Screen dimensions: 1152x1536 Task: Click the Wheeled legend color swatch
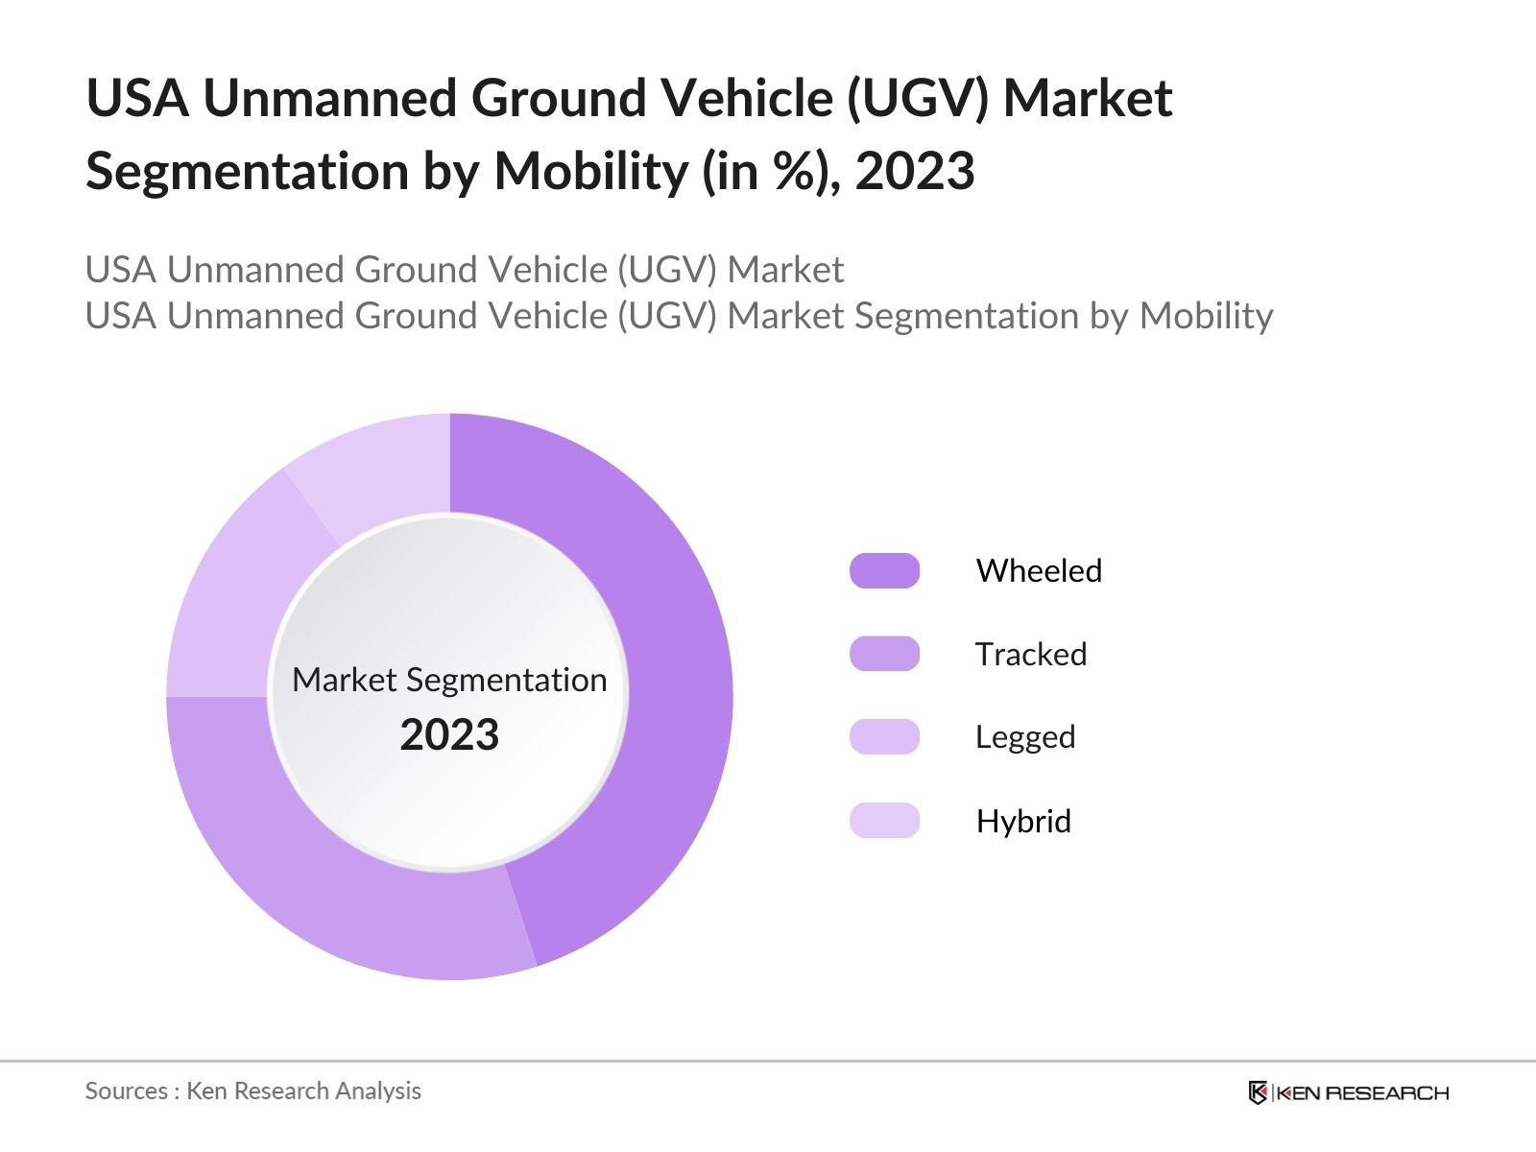point(884,571)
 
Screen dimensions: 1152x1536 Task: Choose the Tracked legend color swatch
point(884,654)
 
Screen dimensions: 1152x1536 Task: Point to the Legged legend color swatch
point(884,737)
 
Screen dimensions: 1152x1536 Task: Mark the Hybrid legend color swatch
point(884,821)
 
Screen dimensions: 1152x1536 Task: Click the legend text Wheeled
point(1039,571)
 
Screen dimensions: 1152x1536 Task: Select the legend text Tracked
point(1031,654)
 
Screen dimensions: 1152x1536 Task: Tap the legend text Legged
point(1025,737)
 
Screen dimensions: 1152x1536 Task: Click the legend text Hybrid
point(1023,821)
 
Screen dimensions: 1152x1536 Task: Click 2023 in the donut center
point(449,735)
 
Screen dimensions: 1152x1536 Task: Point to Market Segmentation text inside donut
point(449,680)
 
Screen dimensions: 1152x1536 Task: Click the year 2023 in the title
point(914,171)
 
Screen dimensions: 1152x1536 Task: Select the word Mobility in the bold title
point(590,171)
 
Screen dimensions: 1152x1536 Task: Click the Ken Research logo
point(1348,1092)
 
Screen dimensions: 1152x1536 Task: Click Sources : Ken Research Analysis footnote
point(252,1091)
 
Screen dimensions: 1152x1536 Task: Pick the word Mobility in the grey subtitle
point(1206,316)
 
